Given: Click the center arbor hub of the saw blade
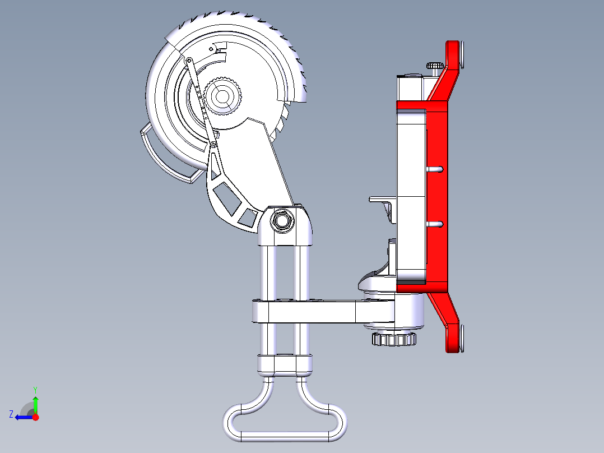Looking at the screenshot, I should click(x=222, y=96).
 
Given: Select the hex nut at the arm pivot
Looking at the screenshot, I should click(x=281, y=220).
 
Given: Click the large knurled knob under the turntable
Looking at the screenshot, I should click(x=394, y=339).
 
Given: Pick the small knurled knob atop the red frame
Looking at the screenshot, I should click(x=435, y=66).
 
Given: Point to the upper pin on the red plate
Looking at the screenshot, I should click(x=436, y=169).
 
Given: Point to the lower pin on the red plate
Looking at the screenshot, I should click(x=436, y=224).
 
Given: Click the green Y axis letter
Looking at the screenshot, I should click(x=35, y=389).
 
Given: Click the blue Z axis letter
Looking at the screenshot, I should click(x=11, y=414).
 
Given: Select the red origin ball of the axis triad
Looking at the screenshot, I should click(x=36, y=417).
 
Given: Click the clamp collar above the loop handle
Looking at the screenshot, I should click(x=285, y=364).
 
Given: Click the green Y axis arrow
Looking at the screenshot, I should click(x=36, y=404).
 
